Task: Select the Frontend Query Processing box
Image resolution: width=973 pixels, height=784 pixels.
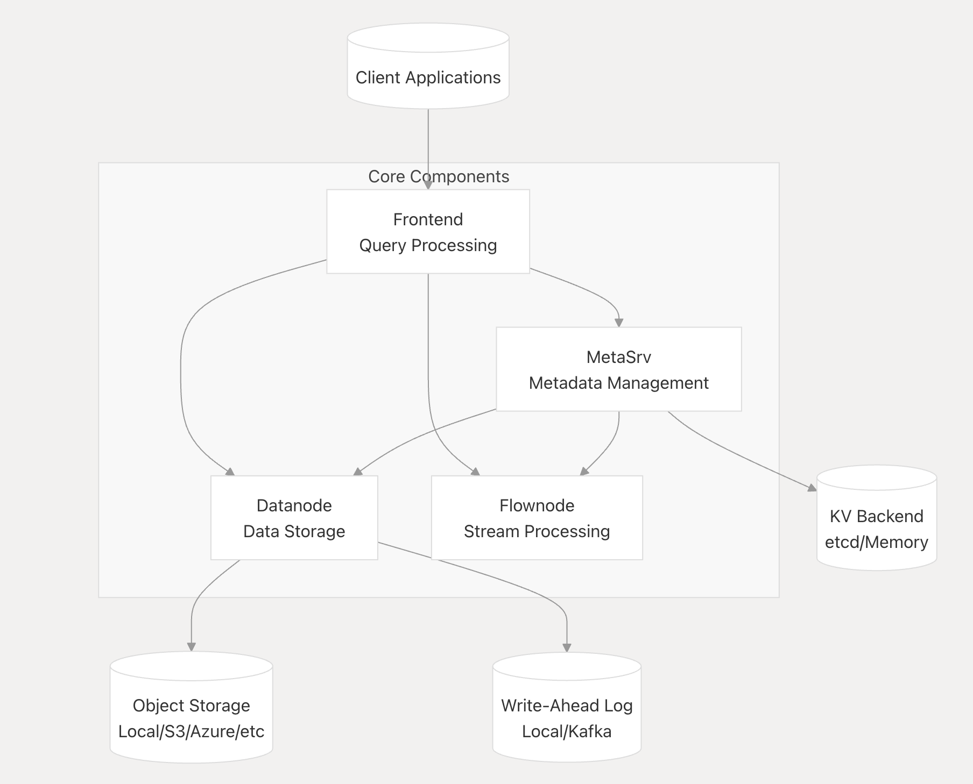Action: (x=428, y=231)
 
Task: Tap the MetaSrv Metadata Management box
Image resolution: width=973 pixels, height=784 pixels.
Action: (x=618, y=369)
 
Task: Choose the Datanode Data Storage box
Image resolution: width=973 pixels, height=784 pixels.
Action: (x=294, y=518)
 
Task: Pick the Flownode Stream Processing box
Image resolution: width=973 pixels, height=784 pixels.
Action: (x=537, y=518)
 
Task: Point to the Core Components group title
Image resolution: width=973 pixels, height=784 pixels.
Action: (x=439, y=176)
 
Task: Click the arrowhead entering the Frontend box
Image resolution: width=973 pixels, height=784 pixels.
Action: (x=428, y=184)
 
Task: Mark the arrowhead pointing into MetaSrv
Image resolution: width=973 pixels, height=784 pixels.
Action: (x=618, y=322)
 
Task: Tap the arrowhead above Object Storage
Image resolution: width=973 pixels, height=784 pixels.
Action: (x=191, y=646)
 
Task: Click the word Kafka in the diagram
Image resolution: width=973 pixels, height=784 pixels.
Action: (x=589, y=731)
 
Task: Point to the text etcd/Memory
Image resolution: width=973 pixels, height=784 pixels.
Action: (x=876, y=542)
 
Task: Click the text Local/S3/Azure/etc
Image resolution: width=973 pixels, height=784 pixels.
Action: (x=191, y=731)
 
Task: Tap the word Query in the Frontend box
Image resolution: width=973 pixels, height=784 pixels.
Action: (x=382, y=245)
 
